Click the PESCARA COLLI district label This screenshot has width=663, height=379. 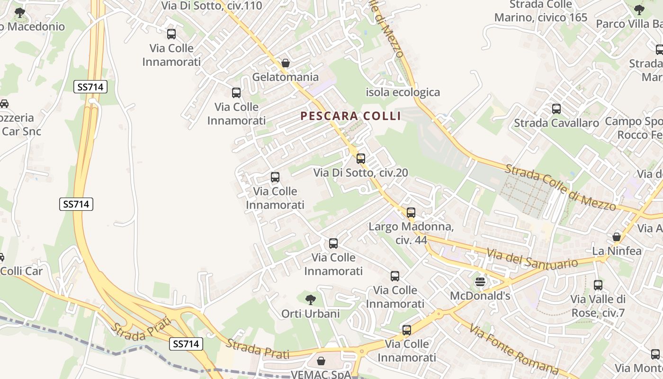[x=350, y=116]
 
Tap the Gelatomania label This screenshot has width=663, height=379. [x=285, y=77]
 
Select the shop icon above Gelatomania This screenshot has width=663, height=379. [x=285, y=63]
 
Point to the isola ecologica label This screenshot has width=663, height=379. [x=403, y=92]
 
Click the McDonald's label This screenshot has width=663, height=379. [x=480, y=296]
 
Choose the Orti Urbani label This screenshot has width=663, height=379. [x=311, y=314]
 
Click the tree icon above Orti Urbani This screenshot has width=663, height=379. [x=311, y=299]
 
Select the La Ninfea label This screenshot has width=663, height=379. [x=617, y=251]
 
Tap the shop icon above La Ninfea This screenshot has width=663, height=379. [x=617, y=236]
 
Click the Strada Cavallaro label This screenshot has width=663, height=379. [x=556, y=123]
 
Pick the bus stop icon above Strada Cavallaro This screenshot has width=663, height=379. [x=556, y=109]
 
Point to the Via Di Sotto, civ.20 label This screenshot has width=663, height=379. [x=360, y=173]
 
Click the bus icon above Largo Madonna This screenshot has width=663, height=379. [x=411, y=213]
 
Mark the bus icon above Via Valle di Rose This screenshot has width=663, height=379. [x=598, y=285]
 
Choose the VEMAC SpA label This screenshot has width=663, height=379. [x=321, y=374]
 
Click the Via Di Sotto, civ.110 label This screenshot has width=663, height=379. [x=205, y=6]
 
